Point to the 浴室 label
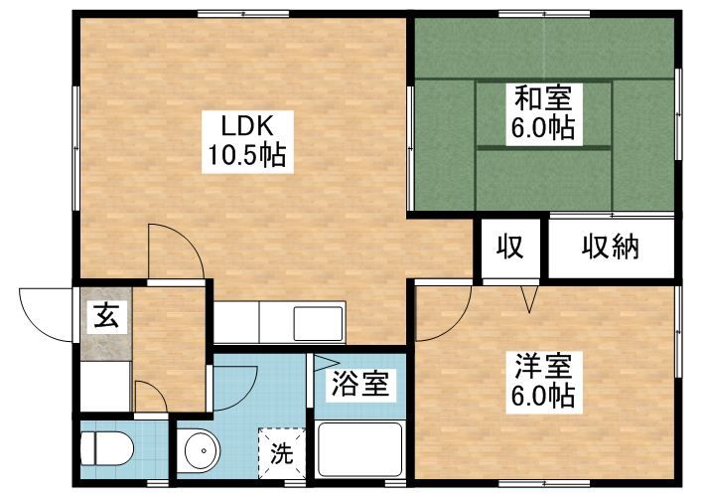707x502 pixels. [x=359, y=383]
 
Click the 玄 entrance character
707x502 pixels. [x=105, y=318]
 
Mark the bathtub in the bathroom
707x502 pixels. [x=359, y=452]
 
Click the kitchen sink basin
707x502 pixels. [x=318, y=323]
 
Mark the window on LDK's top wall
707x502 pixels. [x=236, y=13]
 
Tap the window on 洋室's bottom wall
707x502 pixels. [x=536, y=484]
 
